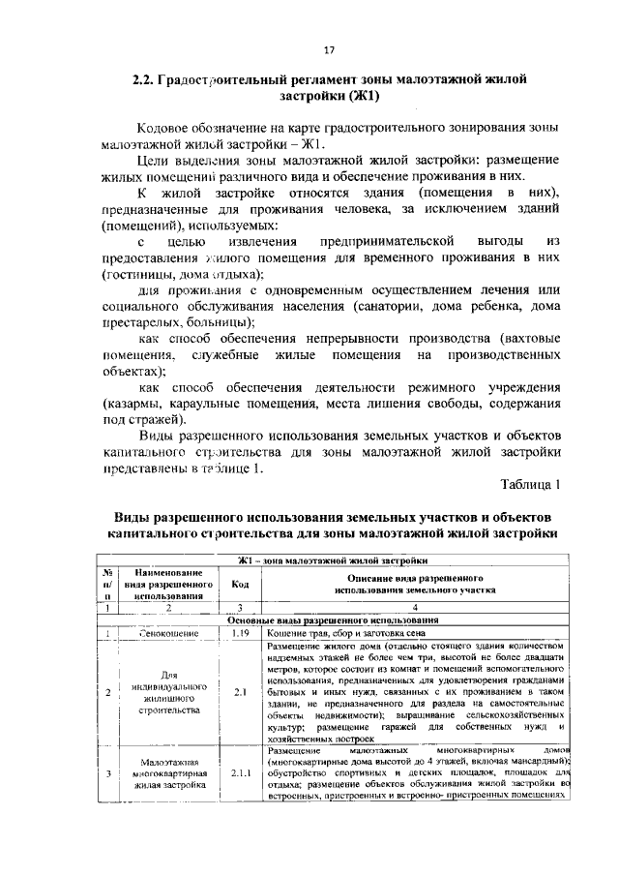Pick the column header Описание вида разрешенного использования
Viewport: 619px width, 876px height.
(x=414, y=582)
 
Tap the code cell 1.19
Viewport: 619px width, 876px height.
(x=238, y=633)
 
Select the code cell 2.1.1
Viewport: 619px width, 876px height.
(x=238, y=800)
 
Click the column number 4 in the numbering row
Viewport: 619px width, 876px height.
(x=414, y=607)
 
